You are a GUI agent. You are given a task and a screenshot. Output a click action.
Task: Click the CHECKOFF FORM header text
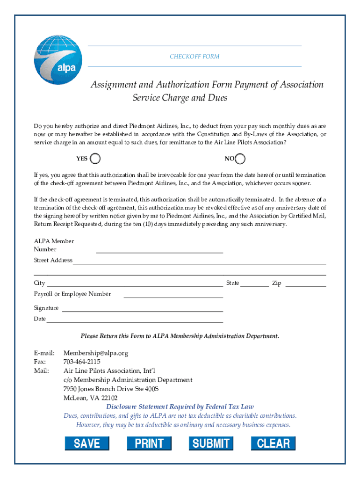pos(194,57)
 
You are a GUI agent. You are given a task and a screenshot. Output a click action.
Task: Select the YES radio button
pos(95,159)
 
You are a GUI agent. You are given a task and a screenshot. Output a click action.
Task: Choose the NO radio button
pos(240,159)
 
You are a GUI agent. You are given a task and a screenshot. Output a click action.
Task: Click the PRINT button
pos(149,443)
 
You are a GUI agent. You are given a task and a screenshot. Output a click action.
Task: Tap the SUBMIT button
pos(211,443)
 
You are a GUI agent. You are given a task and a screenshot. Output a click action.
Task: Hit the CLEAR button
pos(273,443)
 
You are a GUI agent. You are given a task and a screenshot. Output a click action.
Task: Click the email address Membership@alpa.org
pos(96,353)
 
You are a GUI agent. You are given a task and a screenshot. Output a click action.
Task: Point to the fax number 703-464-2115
pos(82,362)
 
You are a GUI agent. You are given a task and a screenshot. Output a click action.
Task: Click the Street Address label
pos(53,260)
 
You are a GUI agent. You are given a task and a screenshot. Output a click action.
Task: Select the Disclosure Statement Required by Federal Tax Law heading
pos(180,406)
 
